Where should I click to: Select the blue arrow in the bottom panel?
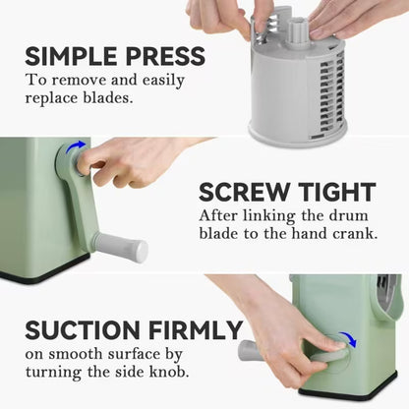pos(344,340)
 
